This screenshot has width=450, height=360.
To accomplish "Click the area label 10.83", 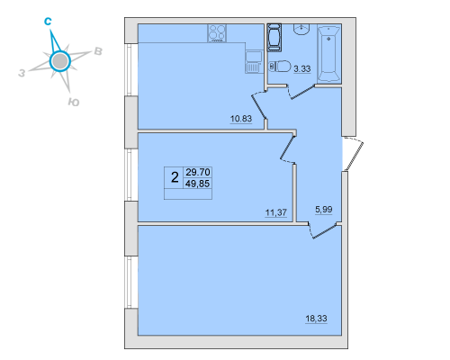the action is click(x=241, y=119).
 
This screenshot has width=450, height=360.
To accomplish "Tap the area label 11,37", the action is click(x=275, y=212).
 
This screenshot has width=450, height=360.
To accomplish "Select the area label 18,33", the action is click(x=316, y=319).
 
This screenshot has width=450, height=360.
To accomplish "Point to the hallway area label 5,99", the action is click(x=324, y=210).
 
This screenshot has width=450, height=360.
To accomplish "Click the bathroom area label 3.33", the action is click(x=302, y=69).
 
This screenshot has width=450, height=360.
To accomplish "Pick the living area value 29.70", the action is click(x=198, y=172).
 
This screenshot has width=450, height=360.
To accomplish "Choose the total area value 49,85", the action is click(x=198, y=184).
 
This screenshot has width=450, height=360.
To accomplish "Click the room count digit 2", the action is click(x=175, y=177).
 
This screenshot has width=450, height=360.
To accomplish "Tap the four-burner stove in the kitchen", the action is click(x=217, y=33).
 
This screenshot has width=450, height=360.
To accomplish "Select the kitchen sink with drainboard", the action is click(x=254, y=62).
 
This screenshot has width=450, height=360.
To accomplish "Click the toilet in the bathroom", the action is click(x=281, y=67).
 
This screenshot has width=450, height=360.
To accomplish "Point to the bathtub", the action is click(x=329, y=54).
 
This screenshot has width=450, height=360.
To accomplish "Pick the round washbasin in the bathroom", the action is click(x=301, y=29).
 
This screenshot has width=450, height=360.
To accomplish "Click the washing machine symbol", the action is click(x=274, y=38).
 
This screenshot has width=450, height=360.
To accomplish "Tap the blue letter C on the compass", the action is click(x=48, y=22).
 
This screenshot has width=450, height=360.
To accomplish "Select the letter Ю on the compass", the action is click(x=74, y=103).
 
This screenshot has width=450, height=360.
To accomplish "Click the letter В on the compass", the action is click(x=98, y=51).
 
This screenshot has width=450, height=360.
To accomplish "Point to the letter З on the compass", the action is click(x=22, y=73).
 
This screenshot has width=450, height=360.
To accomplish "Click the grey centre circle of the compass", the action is click(x=60, y=61).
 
